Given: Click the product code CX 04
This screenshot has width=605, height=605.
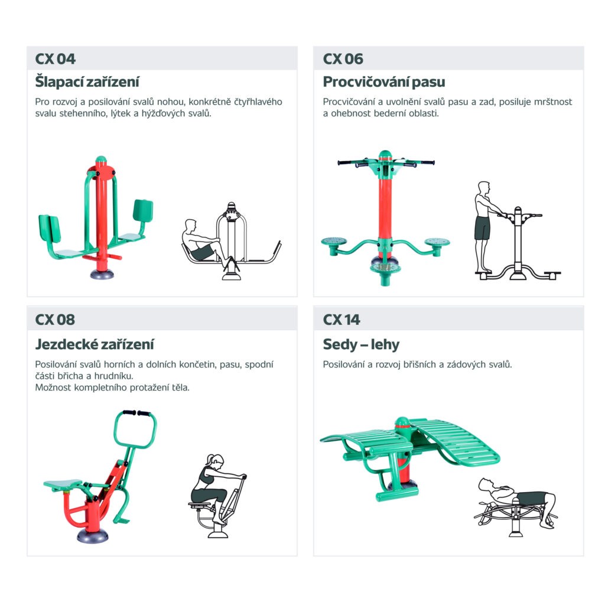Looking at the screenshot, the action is (55, 58).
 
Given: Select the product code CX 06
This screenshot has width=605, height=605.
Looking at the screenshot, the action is (343, 58).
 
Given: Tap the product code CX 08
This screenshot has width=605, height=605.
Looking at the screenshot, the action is (55, 320).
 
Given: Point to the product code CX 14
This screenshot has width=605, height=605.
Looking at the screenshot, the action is (341, 320).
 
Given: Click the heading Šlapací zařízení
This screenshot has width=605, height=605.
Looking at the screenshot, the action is (87, 82).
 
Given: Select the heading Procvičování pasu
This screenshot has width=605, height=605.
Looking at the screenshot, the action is (384, 82).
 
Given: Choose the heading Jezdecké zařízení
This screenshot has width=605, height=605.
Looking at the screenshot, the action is (95, 344).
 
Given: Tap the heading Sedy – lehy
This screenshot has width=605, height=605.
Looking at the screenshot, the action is (361, 344).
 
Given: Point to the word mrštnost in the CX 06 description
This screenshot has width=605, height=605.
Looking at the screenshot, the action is (553, 102).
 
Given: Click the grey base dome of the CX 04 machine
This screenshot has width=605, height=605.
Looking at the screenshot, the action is (102, 274).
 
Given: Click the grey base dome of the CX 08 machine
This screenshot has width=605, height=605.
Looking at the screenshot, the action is (93, 535).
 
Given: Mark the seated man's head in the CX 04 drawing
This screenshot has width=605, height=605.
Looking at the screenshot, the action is (190, 226).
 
